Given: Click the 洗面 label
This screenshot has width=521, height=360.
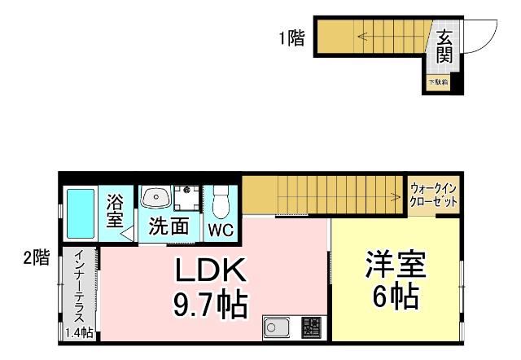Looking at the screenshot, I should [169, 226].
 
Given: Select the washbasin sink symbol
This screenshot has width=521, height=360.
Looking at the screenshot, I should [155, 196].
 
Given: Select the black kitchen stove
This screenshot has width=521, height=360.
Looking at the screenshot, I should [310, 328].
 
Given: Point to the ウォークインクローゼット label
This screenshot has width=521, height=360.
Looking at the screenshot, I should [433, 195].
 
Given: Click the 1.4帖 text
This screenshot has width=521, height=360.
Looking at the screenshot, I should [79, 332].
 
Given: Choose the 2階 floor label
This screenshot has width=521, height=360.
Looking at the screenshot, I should [36, 258].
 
